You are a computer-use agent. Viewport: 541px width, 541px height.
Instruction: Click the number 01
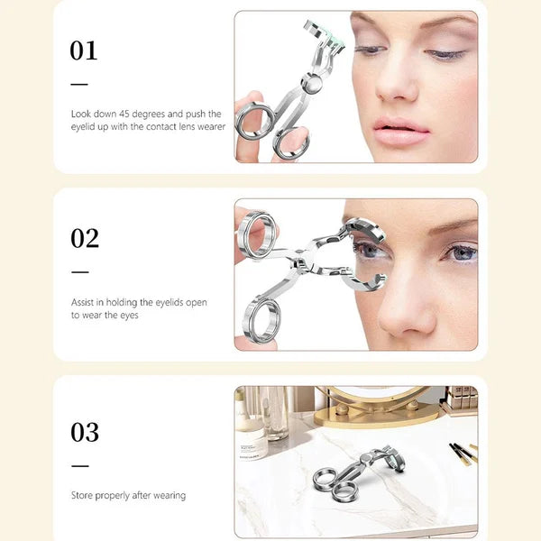tap(83, 50)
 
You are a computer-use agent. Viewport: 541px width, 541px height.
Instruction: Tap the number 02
tap(84, 238)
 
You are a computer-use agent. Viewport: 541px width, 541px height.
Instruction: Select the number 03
tap(84, 432)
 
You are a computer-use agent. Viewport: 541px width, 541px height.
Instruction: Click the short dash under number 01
tap(80, 84)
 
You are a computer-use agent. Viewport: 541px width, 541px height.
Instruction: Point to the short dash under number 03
tap(80, 466)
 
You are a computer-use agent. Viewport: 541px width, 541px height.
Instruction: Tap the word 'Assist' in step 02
tap(83, 303)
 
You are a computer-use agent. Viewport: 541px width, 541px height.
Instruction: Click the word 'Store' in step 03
tap(82, 495)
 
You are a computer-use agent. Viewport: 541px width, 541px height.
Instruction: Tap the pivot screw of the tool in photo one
tap(313, 83)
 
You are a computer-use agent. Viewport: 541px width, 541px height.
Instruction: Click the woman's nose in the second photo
tap(408, 298)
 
